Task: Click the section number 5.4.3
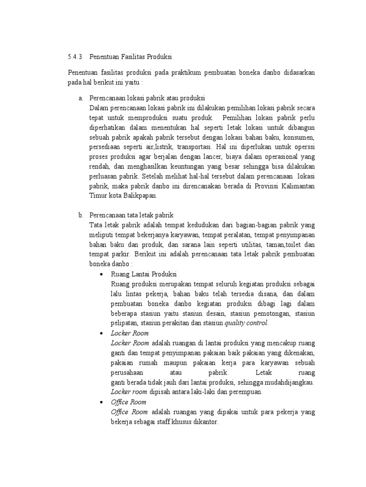click(76, 57)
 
